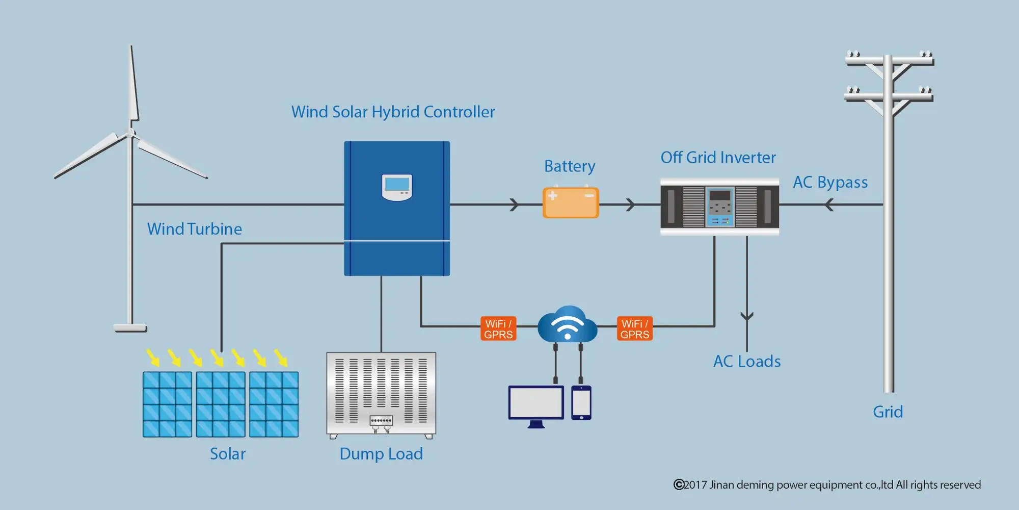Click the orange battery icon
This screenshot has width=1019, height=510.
point(571,203)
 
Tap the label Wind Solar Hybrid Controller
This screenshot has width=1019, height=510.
point(393,112)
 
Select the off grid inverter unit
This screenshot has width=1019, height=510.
point(719,207)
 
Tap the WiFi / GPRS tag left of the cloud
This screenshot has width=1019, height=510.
point(498,329)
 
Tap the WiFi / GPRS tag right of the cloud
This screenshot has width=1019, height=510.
point(634,329)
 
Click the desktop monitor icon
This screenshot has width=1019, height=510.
point(536,404)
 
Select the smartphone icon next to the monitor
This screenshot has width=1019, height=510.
point(581,402)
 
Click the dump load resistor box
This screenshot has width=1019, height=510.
point(381,394)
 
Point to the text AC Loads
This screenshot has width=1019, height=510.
point(747,362)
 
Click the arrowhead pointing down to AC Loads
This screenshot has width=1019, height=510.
point(747,317)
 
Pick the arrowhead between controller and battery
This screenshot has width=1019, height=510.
point(515,205)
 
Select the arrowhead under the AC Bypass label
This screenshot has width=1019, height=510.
point(829,205)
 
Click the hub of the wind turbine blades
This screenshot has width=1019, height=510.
point(131,134)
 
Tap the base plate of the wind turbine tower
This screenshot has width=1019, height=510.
point(130,328)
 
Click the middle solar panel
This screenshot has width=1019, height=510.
point(221,404)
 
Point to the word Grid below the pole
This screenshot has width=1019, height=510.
point(888,412)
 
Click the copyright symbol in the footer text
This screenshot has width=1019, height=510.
point(679,484)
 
